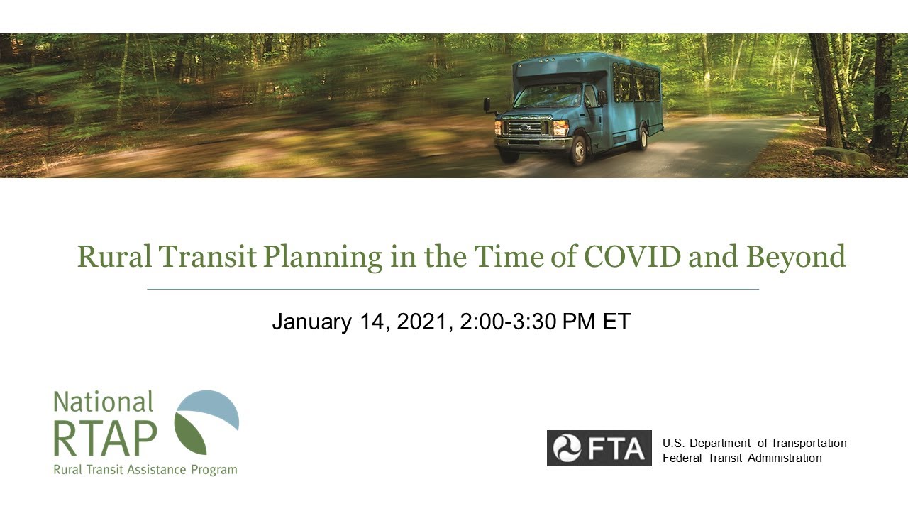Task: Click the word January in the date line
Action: (311, 322)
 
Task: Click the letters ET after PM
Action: (616, 322)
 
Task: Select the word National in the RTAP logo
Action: (104, 402)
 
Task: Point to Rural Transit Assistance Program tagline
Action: (145, 470)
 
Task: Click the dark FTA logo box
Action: (599, 449)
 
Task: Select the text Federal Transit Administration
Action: (741, 458)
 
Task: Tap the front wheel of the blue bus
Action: (578, 150)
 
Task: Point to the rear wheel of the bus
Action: (642, 138)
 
